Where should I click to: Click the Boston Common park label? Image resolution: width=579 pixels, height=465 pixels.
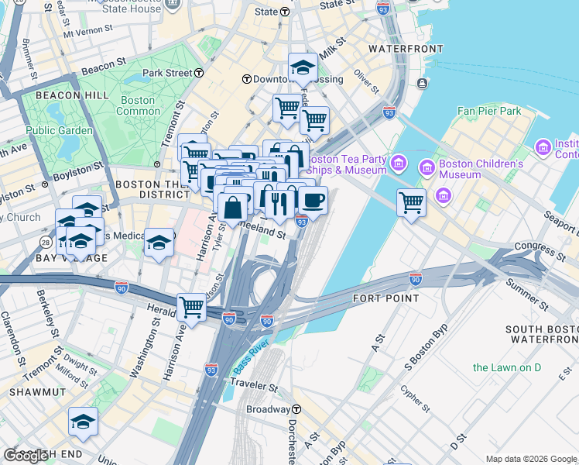pos(137,105)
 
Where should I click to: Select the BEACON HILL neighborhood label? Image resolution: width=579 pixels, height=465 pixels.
pos(53,95)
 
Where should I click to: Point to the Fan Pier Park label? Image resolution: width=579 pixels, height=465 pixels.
pos(489,111)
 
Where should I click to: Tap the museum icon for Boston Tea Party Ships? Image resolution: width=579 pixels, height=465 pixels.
pos(399,163)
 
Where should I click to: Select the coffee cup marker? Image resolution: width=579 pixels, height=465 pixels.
pos(313,201)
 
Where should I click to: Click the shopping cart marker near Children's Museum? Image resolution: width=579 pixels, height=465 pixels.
pos(411,203)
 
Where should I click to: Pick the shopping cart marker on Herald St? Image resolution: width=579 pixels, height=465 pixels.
pos(190,306)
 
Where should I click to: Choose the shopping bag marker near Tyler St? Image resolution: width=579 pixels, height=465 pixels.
pos(232,207)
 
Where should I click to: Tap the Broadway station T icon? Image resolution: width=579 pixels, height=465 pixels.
pos(296,409)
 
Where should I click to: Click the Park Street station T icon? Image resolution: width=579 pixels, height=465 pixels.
pos(199,73)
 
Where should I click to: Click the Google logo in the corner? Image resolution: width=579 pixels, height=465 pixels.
pos(26,456)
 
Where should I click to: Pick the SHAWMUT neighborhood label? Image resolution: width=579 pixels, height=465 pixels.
pos(31,393)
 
